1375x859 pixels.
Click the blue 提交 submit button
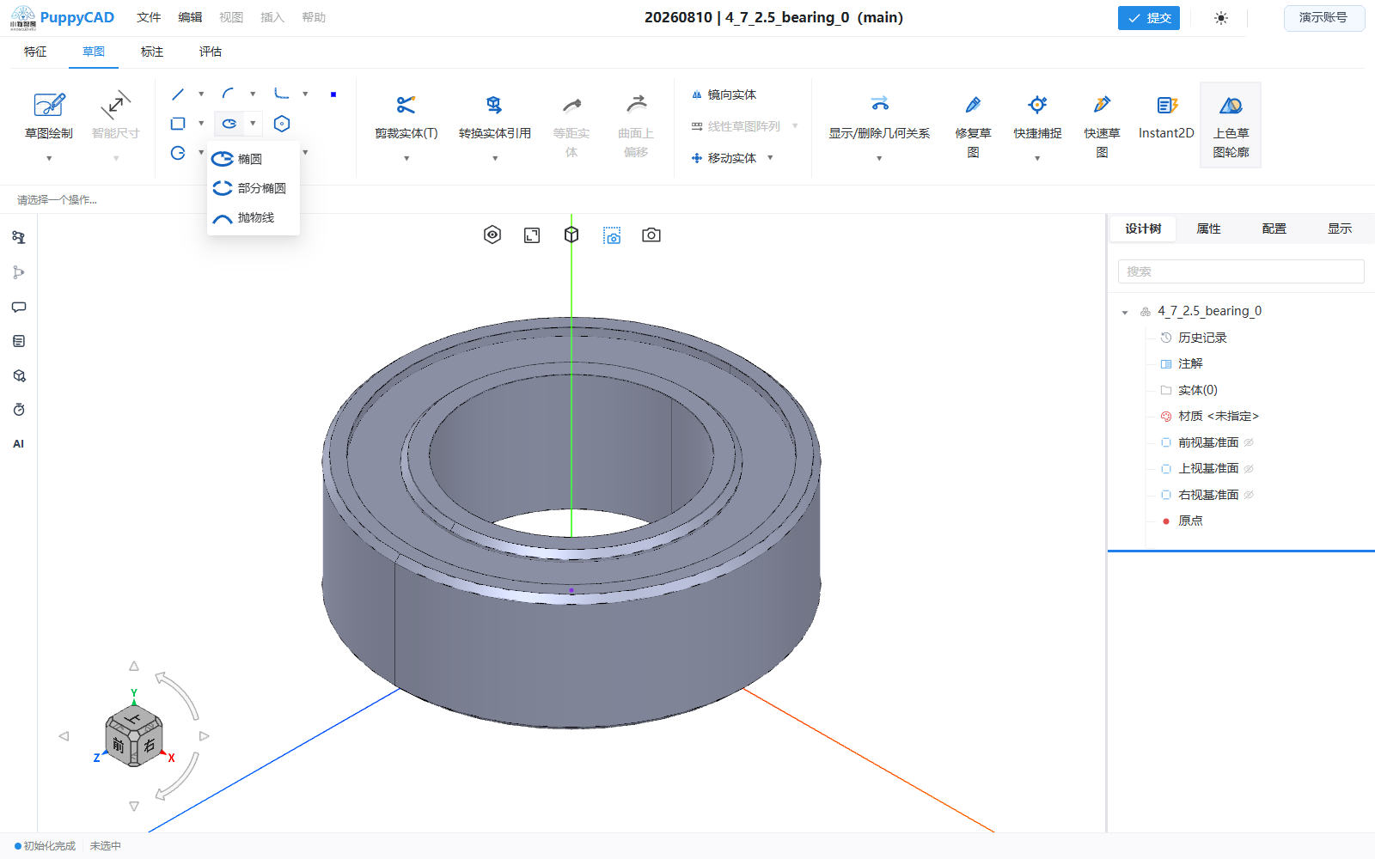[x=1148, y=18]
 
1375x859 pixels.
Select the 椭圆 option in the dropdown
[x=249, y=159]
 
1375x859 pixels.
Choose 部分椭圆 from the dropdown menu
[x=261, y=188]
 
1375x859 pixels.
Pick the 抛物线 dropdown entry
[x=255, y=218]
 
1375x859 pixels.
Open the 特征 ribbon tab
[x=35, y=52]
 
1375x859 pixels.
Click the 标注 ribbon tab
[x=151, y=52]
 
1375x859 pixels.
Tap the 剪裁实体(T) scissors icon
[x=406, y=105]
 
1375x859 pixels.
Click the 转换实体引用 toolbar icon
[x=494, y=105]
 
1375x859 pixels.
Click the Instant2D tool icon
[x=1166, y=105]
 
